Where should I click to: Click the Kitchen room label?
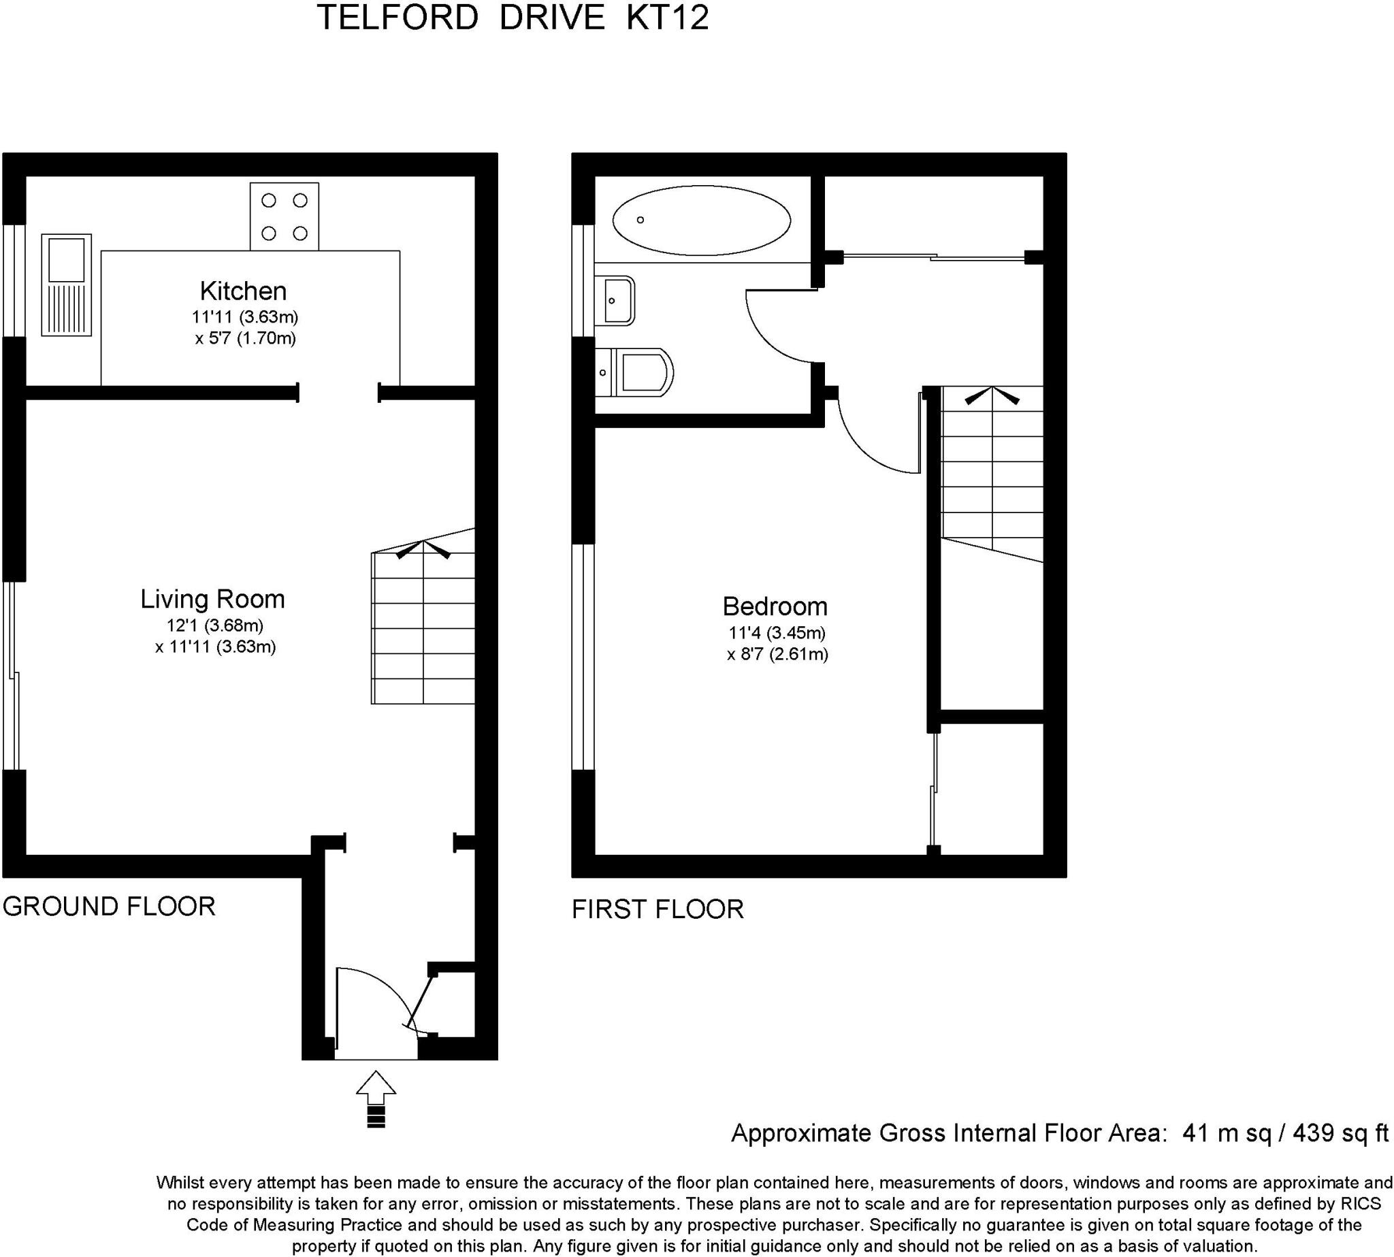[x=242, y=291]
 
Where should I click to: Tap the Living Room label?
[x=212, y=599]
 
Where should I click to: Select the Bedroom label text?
[x=775, y=606]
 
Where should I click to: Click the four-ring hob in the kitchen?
[x=284, y=216]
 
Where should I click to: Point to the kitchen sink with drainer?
[x=66, y=284]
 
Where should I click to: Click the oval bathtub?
[x=701, y=221]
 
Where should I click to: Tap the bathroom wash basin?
[x=617, y=299]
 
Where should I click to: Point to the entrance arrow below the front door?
[x=376, y=1099]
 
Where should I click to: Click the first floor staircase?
[x=992, y=470]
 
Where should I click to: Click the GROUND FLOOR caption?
[x=109, y=906]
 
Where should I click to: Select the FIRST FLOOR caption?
[x=658, y=909]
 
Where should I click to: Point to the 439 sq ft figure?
[x=1340, y=1133]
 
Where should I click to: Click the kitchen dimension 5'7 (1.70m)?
[x=245, y=338]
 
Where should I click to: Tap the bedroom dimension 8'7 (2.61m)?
[x=777, y=654]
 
